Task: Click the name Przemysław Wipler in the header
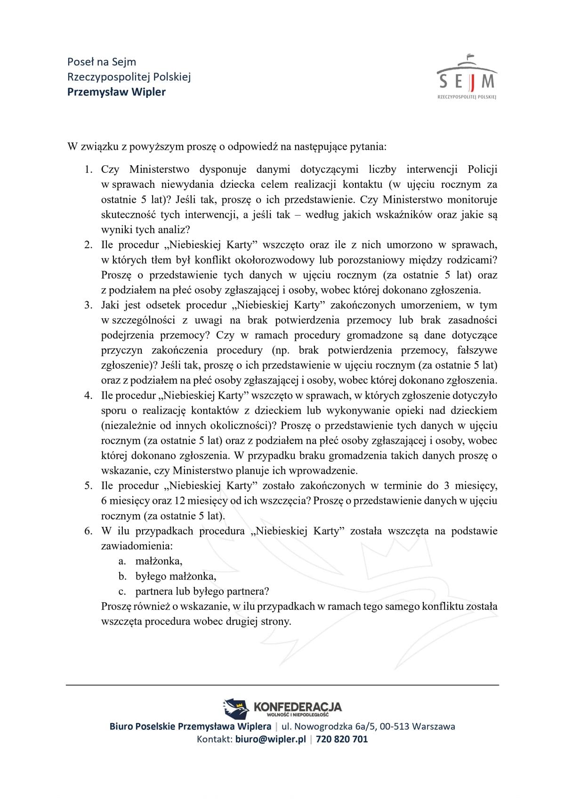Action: point(116,92)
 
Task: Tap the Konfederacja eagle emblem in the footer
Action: point(235,708)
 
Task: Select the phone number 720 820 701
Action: point(342,739)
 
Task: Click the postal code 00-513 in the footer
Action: point(394,726)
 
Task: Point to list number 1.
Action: point(89,169)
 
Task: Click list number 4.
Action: point(89,395)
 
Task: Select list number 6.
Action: point(89,531)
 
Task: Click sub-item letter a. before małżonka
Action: point(122,561)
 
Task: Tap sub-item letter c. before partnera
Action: point(122,591)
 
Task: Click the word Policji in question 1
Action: point(483,169)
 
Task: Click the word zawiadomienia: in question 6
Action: point(130,546)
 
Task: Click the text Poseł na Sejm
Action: point(102,62)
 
